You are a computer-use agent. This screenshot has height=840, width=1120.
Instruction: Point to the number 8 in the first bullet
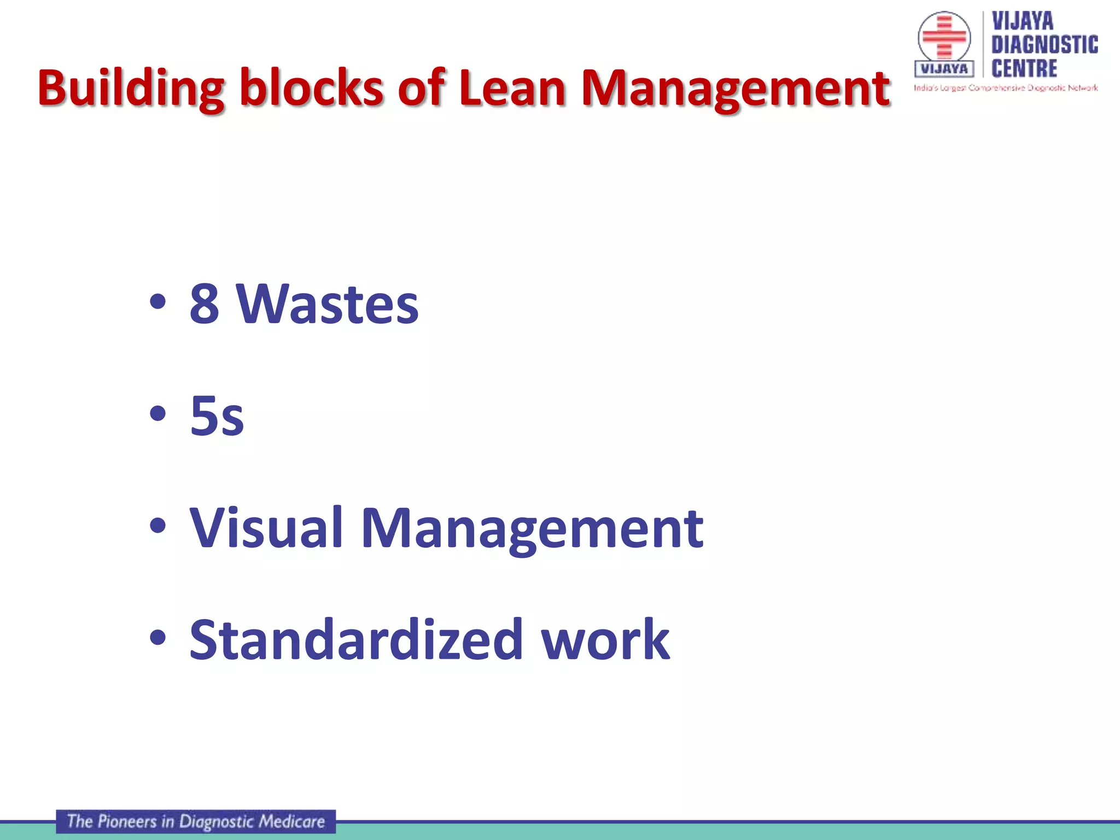tap(205, 304)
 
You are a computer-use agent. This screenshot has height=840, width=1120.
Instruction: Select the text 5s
tap(217, 416)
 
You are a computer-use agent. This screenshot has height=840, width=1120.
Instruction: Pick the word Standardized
tap(356, 640)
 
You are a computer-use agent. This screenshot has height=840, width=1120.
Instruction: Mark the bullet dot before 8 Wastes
tap(157, 302)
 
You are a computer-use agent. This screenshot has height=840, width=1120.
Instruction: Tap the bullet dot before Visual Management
tap(157, 526)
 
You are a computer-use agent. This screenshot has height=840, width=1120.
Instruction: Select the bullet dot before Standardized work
tap(157, 638)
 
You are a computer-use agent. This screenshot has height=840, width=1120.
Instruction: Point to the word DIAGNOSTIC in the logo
tap(1045, 45)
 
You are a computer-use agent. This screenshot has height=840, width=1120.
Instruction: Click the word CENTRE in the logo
tap(1024, 69)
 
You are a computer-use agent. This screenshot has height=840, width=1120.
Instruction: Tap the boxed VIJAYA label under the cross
tap(944, 69)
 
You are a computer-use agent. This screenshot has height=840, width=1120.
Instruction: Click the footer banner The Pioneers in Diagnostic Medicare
tap(196, 821)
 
